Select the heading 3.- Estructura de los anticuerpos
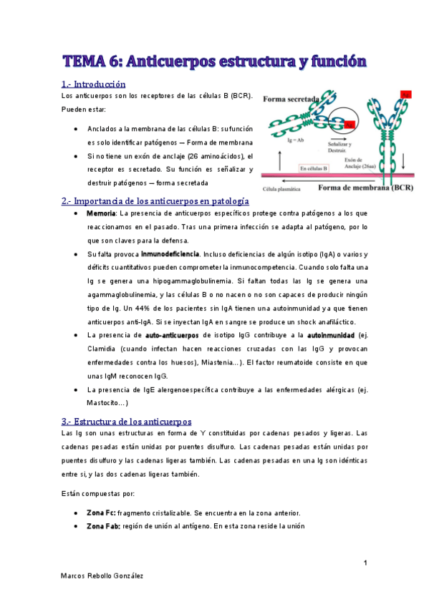point(126,422)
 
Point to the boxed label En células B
point(313,169)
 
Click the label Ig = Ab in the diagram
point(276,140)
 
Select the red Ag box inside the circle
point(350,125)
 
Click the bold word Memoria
point(101,214)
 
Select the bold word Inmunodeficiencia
point(170,254)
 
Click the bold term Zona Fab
point(103,527)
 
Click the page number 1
point(365,563)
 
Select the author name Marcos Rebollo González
point(102,576)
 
